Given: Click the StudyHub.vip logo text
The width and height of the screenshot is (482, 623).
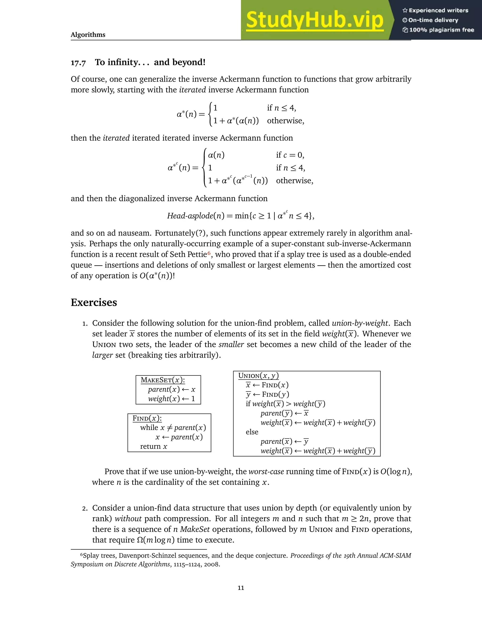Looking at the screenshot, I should coord(314,20).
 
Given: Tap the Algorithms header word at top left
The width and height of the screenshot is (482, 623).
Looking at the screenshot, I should coord(88,35).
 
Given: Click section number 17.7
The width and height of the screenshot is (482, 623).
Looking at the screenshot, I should coord(78,63).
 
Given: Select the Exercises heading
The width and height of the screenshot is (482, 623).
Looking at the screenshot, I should coord(94,302).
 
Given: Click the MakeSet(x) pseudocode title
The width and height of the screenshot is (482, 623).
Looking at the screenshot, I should coord(162,380).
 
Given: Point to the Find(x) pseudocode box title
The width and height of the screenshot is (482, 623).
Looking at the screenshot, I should coord(147,418).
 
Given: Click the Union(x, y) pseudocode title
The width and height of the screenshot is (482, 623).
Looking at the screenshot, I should coord(258,375).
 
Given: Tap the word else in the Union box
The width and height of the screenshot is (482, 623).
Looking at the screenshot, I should coord(252,432).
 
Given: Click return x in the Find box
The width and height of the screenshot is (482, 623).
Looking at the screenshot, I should coord(153,446).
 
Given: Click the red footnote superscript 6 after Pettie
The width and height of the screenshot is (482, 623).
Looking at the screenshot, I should coord(209,253).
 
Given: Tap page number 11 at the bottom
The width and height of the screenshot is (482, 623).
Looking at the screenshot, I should coord(241,588).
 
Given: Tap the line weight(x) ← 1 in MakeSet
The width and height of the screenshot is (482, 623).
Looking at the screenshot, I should coord(171,399).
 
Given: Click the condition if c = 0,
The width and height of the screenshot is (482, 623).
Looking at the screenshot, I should coord(290,155).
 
